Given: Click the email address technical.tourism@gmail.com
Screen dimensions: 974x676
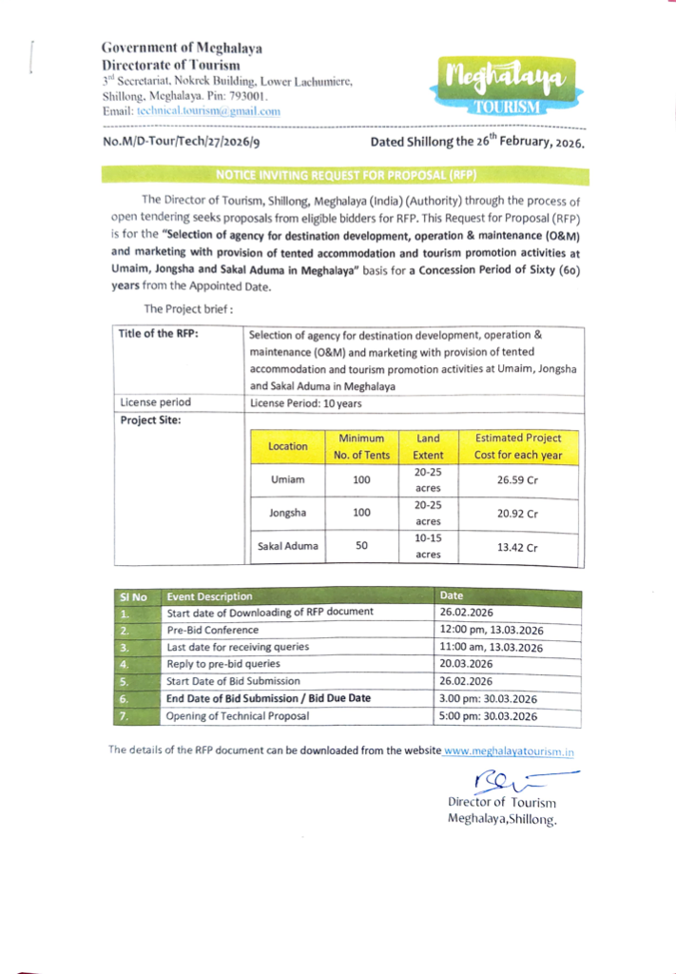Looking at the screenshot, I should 208,111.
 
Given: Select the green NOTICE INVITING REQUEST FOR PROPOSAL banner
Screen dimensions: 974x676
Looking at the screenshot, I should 345,176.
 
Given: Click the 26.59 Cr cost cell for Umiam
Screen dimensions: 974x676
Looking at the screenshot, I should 517,479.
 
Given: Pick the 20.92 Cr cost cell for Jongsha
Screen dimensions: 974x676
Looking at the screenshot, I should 517,514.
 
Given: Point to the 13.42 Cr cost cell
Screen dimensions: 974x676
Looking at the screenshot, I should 517,548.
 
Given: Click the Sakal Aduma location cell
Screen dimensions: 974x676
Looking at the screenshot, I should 288,546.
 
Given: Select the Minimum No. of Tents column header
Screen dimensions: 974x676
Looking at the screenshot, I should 361,446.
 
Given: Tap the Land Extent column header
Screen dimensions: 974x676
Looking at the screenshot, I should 428,446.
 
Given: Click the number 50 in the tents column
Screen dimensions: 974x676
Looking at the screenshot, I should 361,546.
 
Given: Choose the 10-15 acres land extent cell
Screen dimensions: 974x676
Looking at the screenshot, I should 428,546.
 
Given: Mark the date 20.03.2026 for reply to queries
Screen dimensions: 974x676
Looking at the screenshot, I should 467,664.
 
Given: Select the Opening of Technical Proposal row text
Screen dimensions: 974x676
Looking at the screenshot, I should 238,715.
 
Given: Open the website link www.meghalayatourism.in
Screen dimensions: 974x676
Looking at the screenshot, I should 509,751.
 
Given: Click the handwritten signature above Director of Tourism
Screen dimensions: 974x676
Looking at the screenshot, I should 504,783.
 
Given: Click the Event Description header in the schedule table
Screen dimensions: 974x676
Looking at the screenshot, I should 210,596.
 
